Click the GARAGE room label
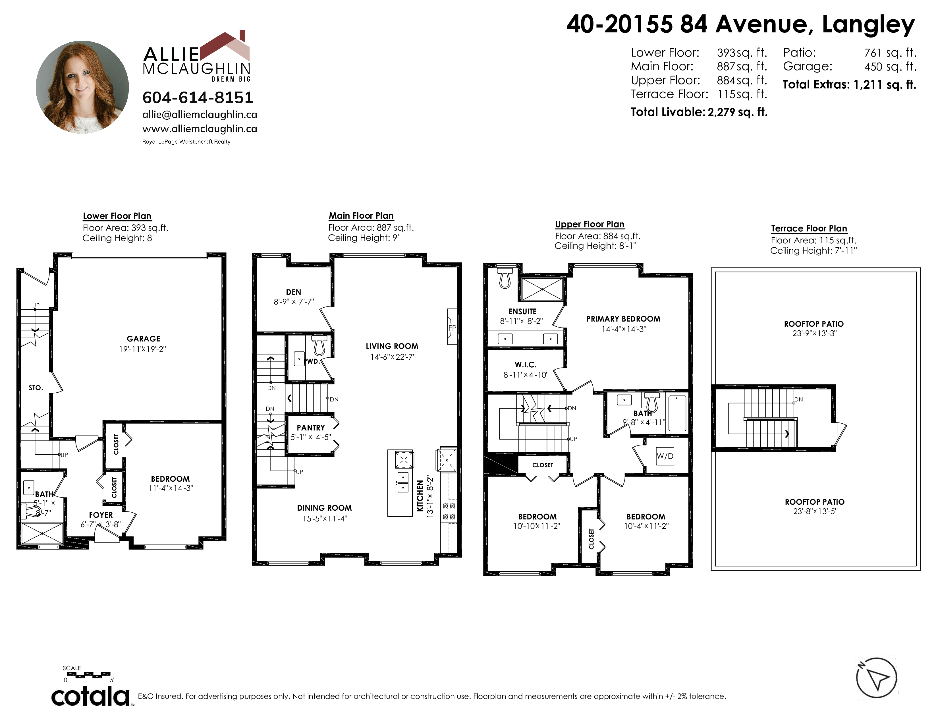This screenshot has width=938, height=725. [x=144, y=339]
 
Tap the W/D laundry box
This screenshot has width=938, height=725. [x=665, y=456]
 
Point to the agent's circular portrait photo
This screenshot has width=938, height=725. [x=82, y=87]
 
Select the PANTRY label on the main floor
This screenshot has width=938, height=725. [x=310, y=428]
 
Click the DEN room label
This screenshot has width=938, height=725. [x=294, y=292]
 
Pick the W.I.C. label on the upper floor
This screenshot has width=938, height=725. [x=526, y=365]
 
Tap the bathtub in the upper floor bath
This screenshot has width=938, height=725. [x=678, y=413]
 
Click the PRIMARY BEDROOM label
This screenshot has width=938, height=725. [x=623, y=319]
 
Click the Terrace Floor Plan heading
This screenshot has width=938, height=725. [x=809, y=229]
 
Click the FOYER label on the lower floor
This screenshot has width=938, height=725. [x=101, y=515]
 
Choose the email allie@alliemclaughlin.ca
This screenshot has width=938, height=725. [x=200, y=115]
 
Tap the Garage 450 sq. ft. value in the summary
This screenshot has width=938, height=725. [x=890, y=67]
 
